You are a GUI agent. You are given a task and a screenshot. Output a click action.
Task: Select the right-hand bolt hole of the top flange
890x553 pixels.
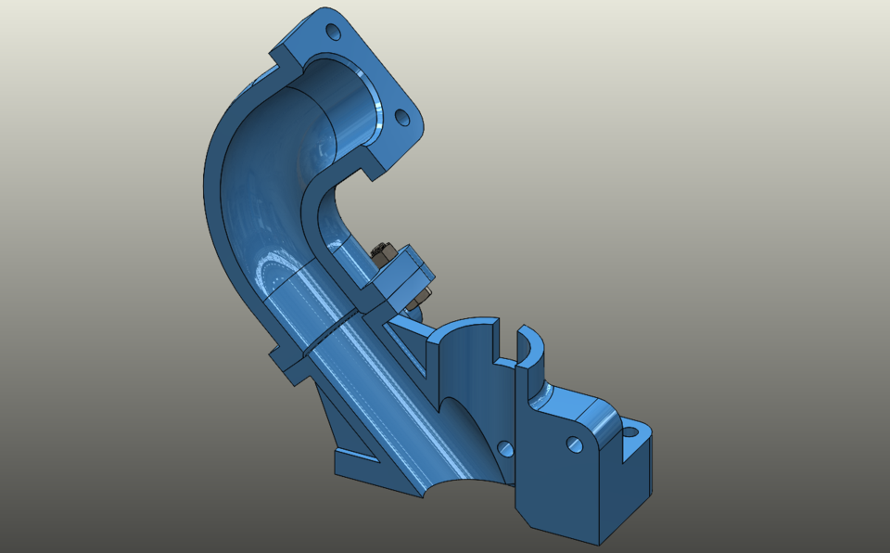402,118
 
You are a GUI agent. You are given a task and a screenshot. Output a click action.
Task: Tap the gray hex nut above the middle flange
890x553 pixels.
380,251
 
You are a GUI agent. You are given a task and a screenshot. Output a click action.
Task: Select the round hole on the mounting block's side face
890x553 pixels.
576,446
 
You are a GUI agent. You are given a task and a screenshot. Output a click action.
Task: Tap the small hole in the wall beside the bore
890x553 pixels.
505,449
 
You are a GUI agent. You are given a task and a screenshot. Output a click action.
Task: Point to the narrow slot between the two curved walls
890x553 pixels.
508,343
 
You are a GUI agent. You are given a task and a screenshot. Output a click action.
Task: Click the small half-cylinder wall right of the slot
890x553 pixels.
529,348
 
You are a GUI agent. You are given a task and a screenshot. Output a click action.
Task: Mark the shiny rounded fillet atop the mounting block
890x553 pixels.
603,418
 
